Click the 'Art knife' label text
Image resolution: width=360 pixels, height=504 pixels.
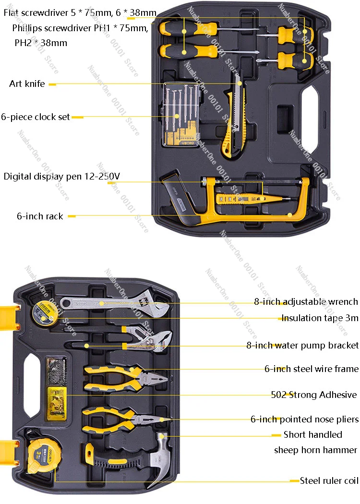(x=27, y=84)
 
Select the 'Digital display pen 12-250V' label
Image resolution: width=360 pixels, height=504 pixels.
(x=61, y=176)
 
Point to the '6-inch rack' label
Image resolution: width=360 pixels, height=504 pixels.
(x=40, y=216)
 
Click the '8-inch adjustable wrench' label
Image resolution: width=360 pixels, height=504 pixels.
(x=306, y=302)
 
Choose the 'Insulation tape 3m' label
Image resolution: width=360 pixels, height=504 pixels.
(x=320, y=318)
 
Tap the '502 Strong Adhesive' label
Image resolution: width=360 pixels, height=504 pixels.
(x=314, y=395)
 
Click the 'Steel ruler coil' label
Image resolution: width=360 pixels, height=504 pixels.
(x=329, y=480)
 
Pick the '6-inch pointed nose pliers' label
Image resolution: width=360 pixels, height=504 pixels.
(x=304, y=419)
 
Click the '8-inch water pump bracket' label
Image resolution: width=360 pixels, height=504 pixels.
(x=302, y=345)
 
